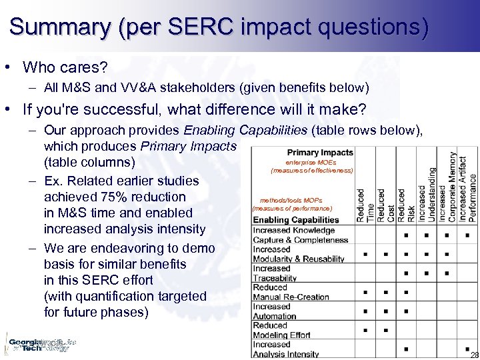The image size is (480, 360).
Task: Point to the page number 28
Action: pyautogui.click(x=474, y=355)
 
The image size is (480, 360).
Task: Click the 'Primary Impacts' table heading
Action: pyautogui.click(x=320, y=153)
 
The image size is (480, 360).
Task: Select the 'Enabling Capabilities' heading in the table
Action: pyautogui.click(x=296, y=219)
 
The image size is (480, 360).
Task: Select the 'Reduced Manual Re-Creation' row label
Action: pyautogui.click(x=291, y=292)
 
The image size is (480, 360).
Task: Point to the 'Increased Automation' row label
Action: pyautogui.click(x=275, y=311)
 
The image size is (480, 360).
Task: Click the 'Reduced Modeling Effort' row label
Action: pyautogui.click(x=281, y=330)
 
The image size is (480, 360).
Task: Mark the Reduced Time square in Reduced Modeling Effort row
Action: pyautogui.click(x=365, y=330)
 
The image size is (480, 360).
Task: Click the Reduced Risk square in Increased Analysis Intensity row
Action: pyautogui.click(x=406, y=349)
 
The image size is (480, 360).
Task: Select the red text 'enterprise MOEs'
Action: pyautogui.click(x=311, y=162)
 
